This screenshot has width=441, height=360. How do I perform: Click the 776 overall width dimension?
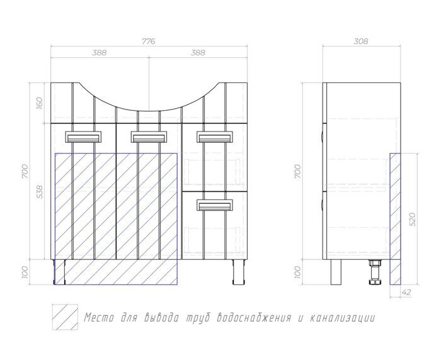(x=148, y=42)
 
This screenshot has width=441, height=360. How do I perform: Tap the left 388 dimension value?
(x=100, y=53)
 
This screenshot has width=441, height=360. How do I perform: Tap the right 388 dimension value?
(x=198, y=53)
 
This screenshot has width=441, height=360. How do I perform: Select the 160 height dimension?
(x=39, y=103)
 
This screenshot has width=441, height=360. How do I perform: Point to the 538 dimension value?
(x=40, y=191)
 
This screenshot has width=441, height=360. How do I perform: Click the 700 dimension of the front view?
(x=25, y=171)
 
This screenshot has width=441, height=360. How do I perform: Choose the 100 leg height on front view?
(x=25, y=272)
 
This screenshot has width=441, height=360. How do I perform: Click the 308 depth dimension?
(x=361, y=42)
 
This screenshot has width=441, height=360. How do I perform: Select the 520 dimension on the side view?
(x=412, y=219)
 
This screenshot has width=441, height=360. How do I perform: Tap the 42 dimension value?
(x=406, y=292)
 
